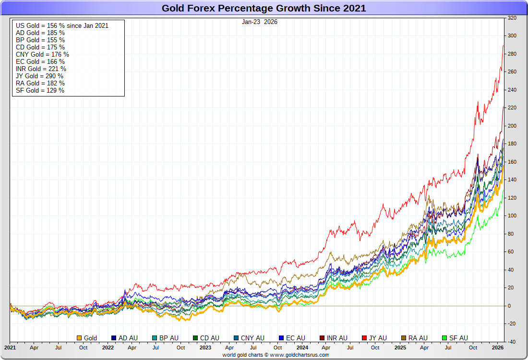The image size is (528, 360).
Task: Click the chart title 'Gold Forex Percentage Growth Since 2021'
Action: pyautogui.click(x=264, y=8)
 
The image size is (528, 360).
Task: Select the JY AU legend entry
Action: pyautogui.click(x=374, y=338)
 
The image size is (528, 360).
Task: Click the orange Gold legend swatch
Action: pyautogui.click(x=80, y=338)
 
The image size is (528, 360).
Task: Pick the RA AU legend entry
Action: pyautogui.click(x=414, y=338)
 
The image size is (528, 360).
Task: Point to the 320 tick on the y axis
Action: pyautogui.click(x=512, y=18)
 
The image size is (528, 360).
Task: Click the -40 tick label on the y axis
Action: pyautogui.click(x=512, y=342)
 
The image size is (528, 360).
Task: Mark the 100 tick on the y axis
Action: pyautogui.click(x=512, y=216)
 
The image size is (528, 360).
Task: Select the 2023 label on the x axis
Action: pyautogui.click(x=205, y=347)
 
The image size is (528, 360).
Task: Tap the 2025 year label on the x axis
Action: pyautogui.click(x=400, y=347)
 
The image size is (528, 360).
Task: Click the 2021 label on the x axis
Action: pyautogui.click(x=10, y=347)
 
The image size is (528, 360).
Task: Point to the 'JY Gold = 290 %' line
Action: pyautogui.click(x=39, y=76)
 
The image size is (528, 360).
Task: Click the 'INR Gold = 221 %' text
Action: pyautogui.click(x=41, y=69)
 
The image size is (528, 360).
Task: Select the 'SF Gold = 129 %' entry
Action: pyautogui.click(x=40, y=90)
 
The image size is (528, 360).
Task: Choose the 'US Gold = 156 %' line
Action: pyautogui.click(x=62, y=25)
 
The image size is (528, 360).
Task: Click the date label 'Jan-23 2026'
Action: pyautogui.click(x=260, y=22)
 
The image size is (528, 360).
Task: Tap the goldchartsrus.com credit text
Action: pyautogui.click(x=276, y=355)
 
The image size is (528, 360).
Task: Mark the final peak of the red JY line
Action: pyautogui.click(x=503, y=46)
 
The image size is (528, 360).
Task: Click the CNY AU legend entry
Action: pyautogui.click(x=249, y=338)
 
